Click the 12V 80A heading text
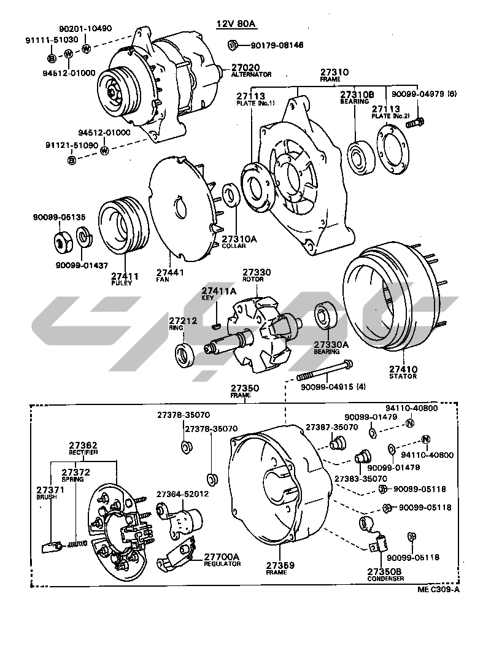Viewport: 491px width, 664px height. pyautogui.click(x=235, y=24)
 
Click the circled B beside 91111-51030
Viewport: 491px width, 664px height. pyautogui.click(x=53, y=58)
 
